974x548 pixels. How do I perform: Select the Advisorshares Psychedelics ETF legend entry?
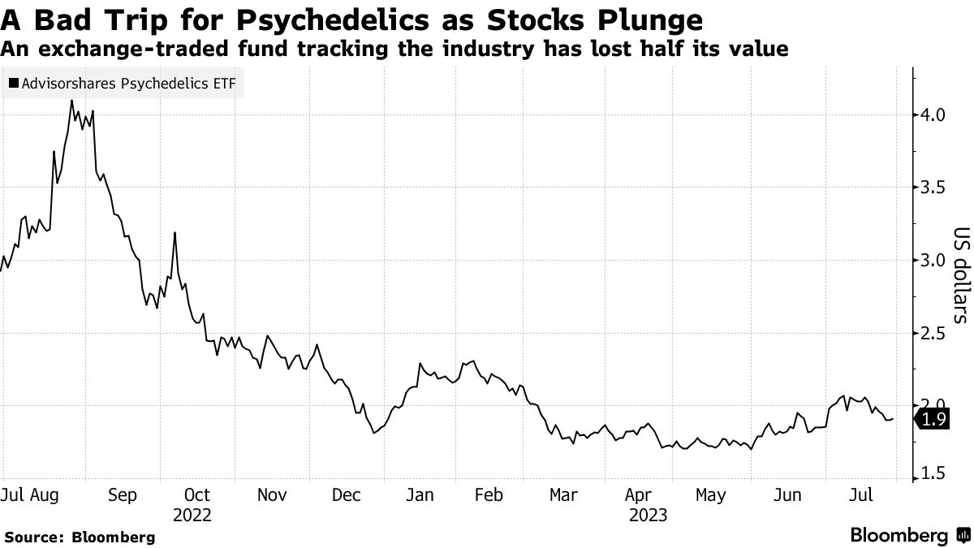(x=123, y=84)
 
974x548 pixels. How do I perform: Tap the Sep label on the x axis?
(x=123, y=494)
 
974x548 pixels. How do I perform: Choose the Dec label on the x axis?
(x=347, y=494)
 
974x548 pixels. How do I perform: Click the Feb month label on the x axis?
(x=489, y=494)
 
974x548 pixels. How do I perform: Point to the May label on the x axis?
(x=711, y=494)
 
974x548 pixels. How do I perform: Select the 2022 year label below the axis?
(x=192, y=515)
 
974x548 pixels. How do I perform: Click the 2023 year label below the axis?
(x=647, y=515)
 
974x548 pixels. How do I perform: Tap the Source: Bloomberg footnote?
(x=79, y=537)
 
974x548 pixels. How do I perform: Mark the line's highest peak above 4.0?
(x=71, y=101)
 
